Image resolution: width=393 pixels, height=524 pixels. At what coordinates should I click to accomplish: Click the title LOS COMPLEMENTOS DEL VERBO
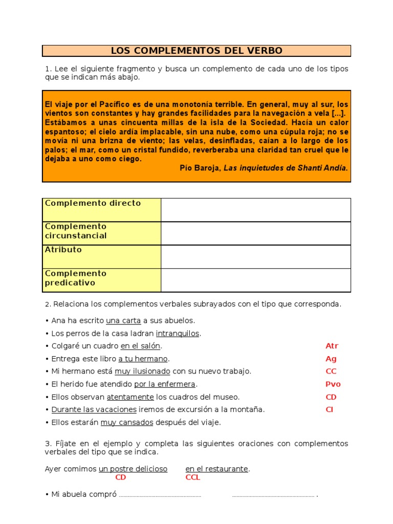tap(196, 51)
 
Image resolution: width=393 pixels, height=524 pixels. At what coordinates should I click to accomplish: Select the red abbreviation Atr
tap(332, 346)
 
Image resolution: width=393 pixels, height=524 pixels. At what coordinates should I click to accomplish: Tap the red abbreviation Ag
tap(331, 359)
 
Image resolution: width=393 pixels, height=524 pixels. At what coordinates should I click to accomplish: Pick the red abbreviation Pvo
tap(333, 384)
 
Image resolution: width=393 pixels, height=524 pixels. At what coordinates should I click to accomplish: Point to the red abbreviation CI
tap(330, 409)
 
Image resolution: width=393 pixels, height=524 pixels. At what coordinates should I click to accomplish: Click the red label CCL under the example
tap(193, 477)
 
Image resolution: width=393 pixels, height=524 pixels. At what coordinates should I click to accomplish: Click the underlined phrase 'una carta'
tap(123, 321)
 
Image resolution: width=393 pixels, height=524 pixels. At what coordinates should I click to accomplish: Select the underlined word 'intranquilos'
tap(178, 334)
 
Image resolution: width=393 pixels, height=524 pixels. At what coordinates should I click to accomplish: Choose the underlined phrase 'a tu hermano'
tap(143, 359)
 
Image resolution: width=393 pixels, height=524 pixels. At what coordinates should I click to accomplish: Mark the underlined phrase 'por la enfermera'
tap(165, 384)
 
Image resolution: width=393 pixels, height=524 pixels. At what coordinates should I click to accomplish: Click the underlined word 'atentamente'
tap(130, 397)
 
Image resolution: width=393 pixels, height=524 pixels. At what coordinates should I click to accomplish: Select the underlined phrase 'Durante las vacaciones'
tap(94, 409)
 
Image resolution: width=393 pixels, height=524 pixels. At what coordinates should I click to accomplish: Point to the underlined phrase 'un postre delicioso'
tap(133, 469)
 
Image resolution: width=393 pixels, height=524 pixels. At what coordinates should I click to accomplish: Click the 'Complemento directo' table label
tap(93, 203)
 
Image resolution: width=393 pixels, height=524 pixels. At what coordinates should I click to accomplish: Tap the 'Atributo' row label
tap(63, 250)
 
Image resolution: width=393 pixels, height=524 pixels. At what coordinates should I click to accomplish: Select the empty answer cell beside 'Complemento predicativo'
tap(256, 280)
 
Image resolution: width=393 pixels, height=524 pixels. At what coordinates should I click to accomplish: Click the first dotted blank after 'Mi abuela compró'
tap(160, 495)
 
